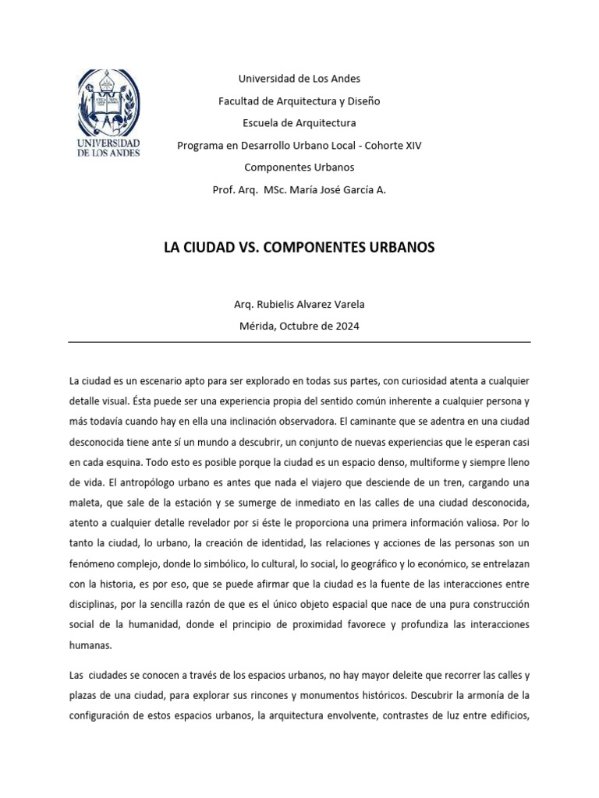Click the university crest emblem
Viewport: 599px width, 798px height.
pos(108,101)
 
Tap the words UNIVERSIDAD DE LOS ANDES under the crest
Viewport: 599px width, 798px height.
pos(108,149)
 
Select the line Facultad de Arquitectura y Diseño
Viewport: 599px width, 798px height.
pos(299,101)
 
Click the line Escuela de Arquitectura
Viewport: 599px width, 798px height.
pos(299,123)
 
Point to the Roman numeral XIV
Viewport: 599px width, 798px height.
pos(411,145)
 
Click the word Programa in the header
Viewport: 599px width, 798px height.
pos(200,145)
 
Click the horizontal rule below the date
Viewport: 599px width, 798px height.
pos(299,342)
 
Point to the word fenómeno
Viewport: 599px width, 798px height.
pos(93,563)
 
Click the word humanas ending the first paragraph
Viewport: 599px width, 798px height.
pos(90,644)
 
